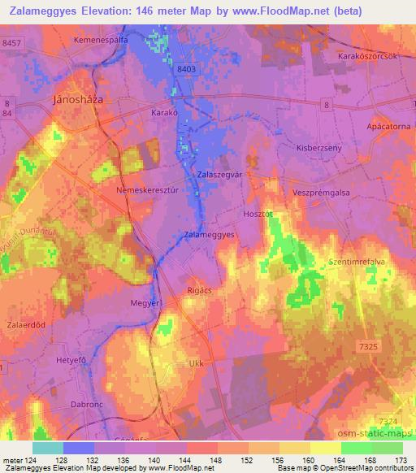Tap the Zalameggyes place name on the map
click(210, 234)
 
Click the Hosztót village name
click(259, 214)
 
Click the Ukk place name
click(194, 363)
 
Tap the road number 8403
click(186, 71)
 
